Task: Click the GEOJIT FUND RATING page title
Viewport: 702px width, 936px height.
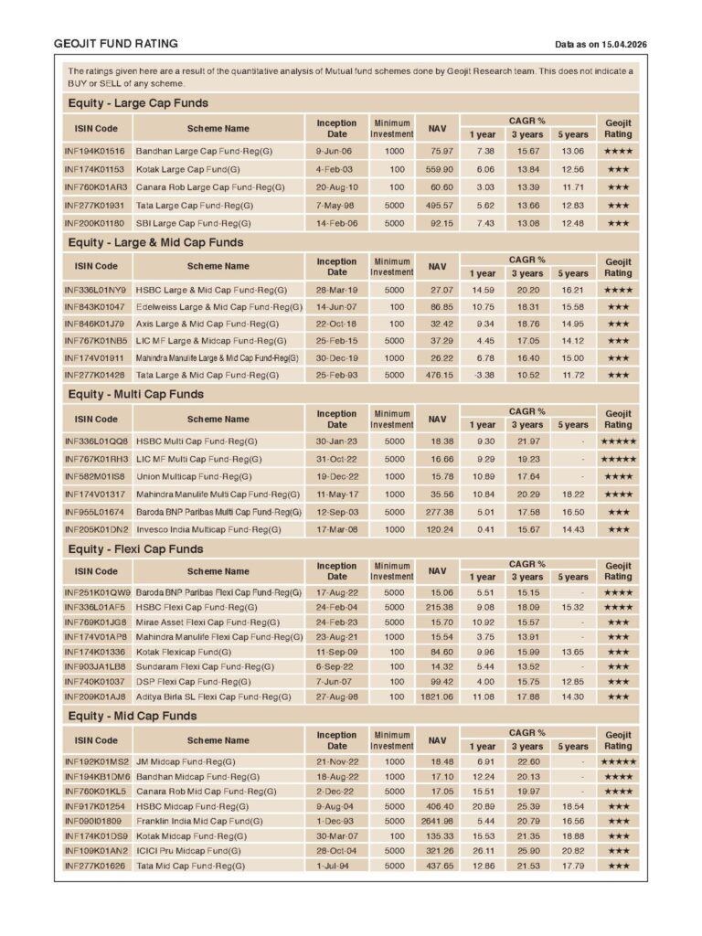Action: [x=115, y=44]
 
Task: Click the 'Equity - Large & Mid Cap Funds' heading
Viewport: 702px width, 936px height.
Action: [x=155, y=242]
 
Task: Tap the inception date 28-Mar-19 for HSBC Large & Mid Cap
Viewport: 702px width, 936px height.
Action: [x=336, y=290]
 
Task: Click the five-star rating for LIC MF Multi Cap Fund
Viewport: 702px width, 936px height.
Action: [x=618, y=459]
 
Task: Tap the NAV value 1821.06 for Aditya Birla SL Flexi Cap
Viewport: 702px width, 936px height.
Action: [x=435, y=697]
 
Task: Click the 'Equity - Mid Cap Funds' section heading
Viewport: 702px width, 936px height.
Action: [x=133, y=716]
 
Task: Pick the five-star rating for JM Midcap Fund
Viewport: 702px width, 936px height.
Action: [x=618, y=761]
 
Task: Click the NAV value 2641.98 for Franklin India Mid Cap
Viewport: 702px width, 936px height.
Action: [x=435, y=821]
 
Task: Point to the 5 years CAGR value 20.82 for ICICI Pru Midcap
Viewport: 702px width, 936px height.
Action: [x=573, y=850]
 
